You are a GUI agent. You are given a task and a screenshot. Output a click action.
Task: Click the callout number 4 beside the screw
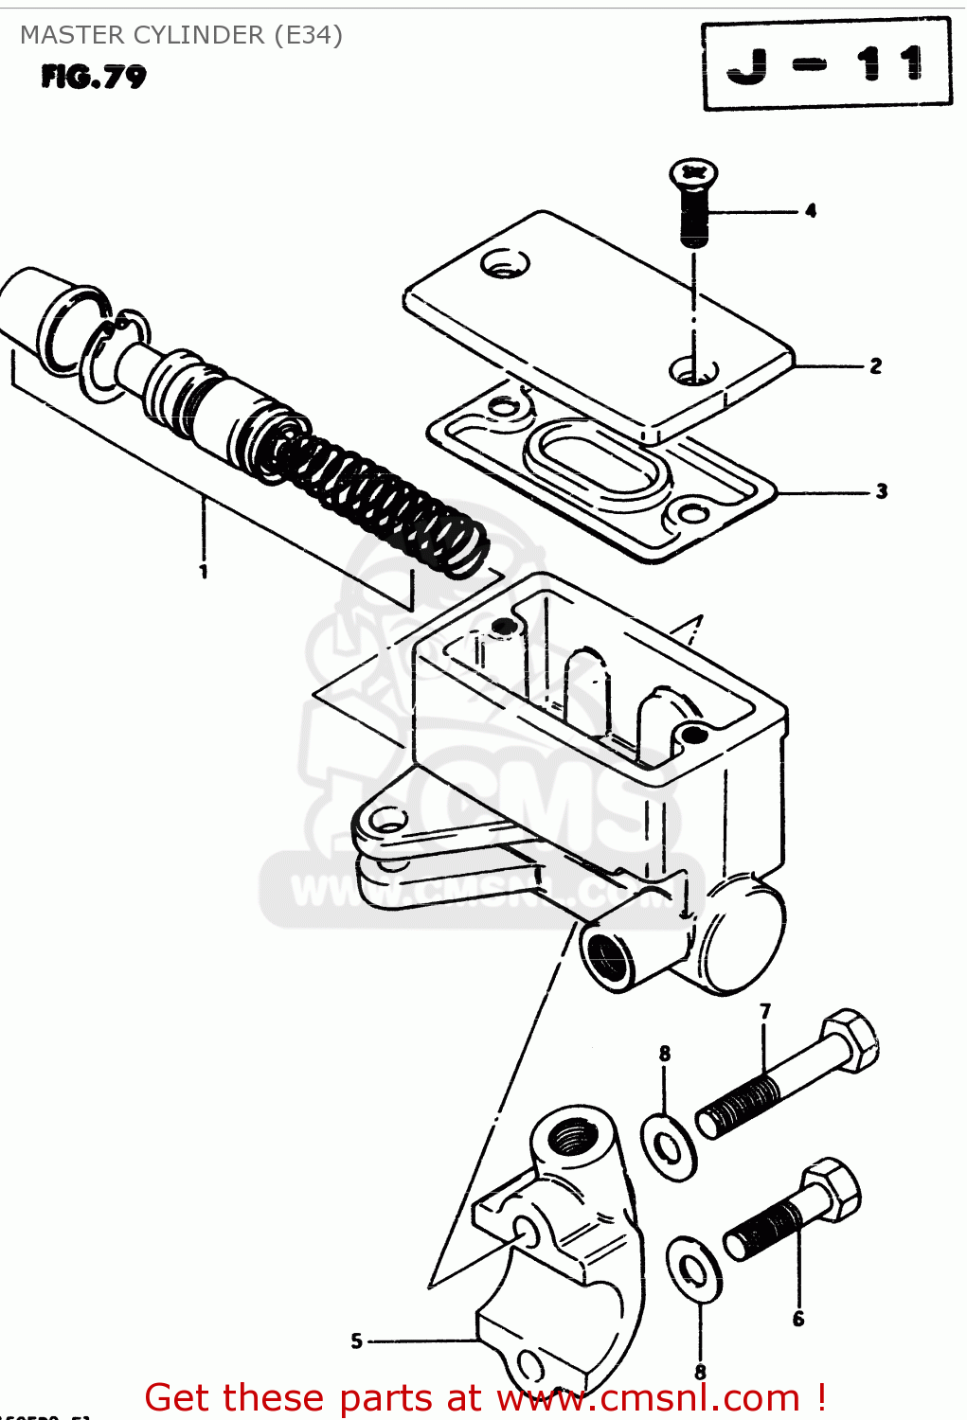[x=811, y=211]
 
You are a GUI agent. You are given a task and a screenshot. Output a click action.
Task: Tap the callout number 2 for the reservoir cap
[x=875, y=365]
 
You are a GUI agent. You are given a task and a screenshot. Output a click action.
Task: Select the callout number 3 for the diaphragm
[x=881, y=491]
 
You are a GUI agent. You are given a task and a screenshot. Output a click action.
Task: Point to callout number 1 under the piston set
[x=203, y=571]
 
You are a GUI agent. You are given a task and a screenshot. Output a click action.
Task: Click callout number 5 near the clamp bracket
[x=357, y=1340]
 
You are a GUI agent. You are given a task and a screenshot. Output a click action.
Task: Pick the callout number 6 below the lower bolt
[x=798, y=1319]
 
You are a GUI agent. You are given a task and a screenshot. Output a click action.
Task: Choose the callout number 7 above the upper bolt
[x=765, y=1011]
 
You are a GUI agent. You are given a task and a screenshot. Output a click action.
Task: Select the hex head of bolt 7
[x=851, y=1040]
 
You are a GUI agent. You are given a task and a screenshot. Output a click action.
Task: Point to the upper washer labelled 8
[x=669, y=1146]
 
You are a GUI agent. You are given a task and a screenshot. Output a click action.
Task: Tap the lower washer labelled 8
[x=694, y=1268]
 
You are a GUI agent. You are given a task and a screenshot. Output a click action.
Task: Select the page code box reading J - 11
[x=826, y=64]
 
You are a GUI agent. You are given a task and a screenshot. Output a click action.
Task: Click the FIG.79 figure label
[x=94, y=77]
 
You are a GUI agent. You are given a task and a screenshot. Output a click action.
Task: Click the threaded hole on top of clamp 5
[x=574, y=1133]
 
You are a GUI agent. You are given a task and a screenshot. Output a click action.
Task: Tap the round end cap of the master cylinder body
[x=741, y=937]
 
